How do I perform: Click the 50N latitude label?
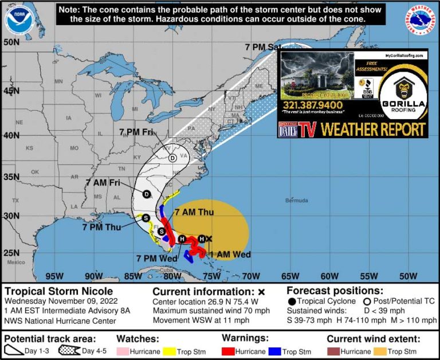tap(12, 42)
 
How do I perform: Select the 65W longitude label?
tap(292, 275)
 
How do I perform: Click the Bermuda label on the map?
tap(296, 201)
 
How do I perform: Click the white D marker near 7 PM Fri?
tap(172, 158)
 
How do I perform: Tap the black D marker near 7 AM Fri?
tap(146, 194)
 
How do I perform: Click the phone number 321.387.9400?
tap(312, 105)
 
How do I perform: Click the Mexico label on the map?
tap(17, 261)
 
